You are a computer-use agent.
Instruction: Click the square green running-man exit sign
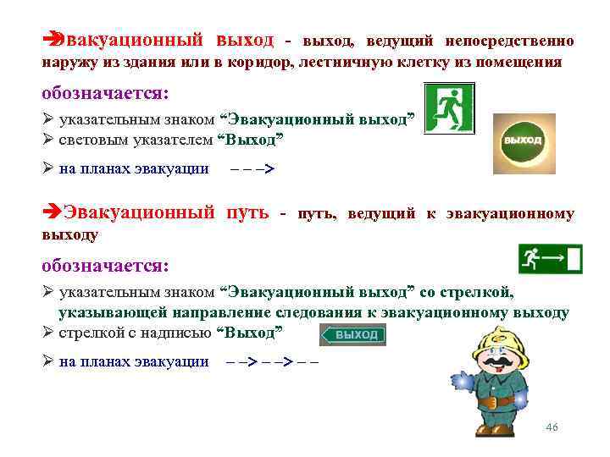click(449, 107)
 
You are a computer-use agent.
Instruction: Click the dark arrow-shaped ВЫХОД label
click(353, 335)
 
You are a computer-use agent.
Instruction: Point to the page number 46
click(552, 428)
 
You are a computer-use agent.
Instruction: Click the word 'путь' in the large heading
click(250, 212)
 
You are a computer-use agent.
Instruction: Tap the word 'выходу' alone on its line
click(70, 234)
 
